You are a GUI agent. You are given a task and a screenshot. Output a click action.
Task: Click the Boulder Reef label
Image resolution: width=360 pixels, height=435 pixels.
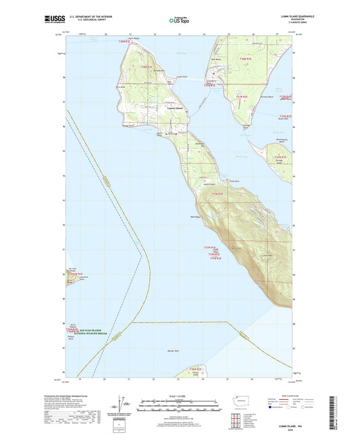pos(172,351)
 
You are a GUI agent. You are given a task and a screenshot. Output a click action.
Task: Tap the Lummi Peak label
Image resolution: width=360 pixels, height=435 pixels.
pos(234,248)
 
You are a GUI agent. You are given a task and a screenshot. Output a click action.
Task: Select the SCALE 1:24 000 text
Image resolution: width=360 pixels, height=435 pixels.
pos(179,396)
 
